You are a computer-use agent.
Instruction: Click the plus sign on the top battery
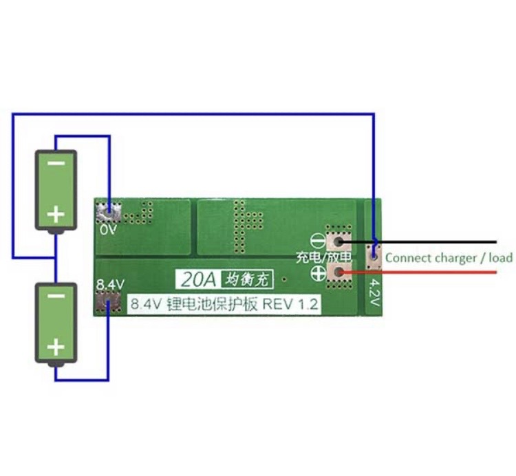point(56,215)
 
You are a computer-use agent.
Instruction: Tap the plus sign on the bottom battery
point(56,348)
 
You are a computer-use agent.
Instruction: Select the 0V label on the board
point(108,230)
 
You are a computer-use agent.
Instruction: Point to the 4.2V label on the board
point(376,291)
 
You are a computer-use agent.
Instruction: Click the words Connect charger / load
point(449,258)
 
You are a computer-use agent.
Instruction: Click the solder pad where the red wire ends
point(339,273)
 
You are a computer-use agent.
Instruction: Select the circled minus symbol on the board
point(319,241)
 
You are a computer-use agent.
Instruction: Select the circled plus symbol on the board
point(319,273)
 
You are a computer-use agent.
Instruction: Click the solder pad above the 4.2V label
point(374,254)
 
